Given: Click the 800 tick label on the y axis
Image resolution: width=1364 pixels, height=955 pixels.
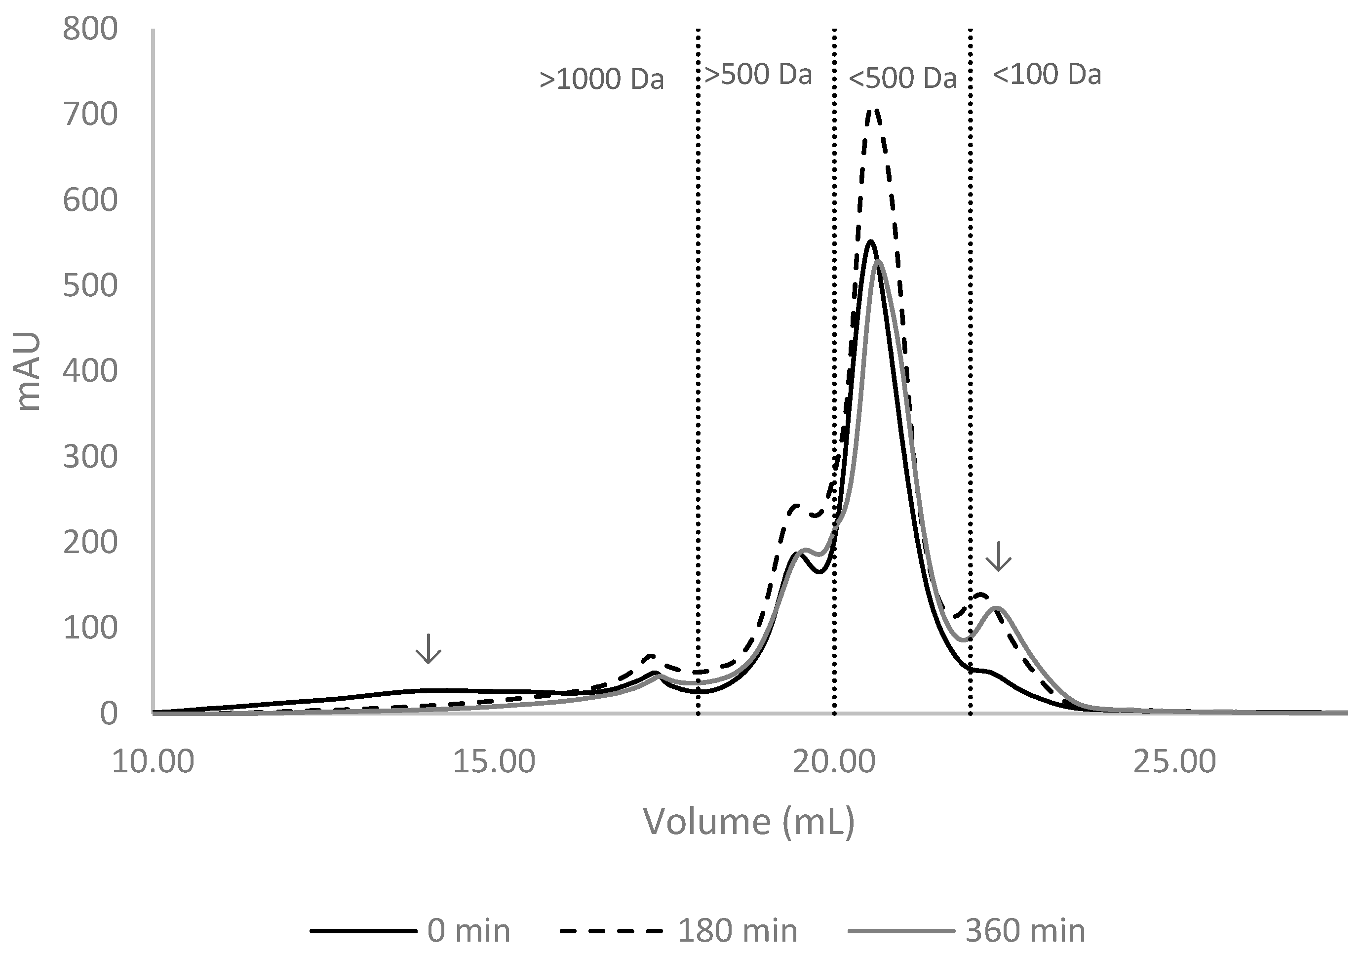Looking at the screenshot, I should [x=90, y=30].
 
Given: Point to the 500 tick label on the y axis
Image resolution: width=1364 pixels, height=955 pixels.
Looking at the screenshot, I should [x=90, y=286].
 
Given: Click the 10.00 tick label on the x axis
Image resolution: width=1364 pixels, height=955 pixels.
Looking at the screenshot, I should [x=153, y=762].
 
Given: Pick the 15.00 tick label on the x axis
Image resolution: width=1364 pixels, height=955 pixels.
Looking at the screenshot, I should [x=494, y=762].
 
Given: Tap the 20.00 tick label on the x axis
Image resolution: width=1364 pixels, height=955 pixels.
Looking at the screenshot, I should [x=835, y=762].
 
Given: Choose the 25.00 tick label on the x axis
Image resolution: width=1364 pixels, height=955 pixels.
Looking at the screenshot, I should [x=1174, y=762].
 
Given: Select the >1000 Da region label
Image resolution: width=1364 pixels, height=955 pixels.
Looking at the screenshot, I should [x=601, y=80].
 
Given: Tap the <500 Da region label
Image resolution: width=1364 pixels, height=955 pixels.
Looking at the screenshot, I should [x=902, y=79].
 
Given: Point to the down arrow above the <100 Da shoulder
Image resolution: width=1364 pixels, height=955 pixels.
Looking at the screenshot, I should [x=998, y=556].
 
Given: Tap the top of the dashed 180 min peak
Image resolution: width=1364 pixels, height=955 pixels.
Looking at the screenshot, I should [x=873, y=111].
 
